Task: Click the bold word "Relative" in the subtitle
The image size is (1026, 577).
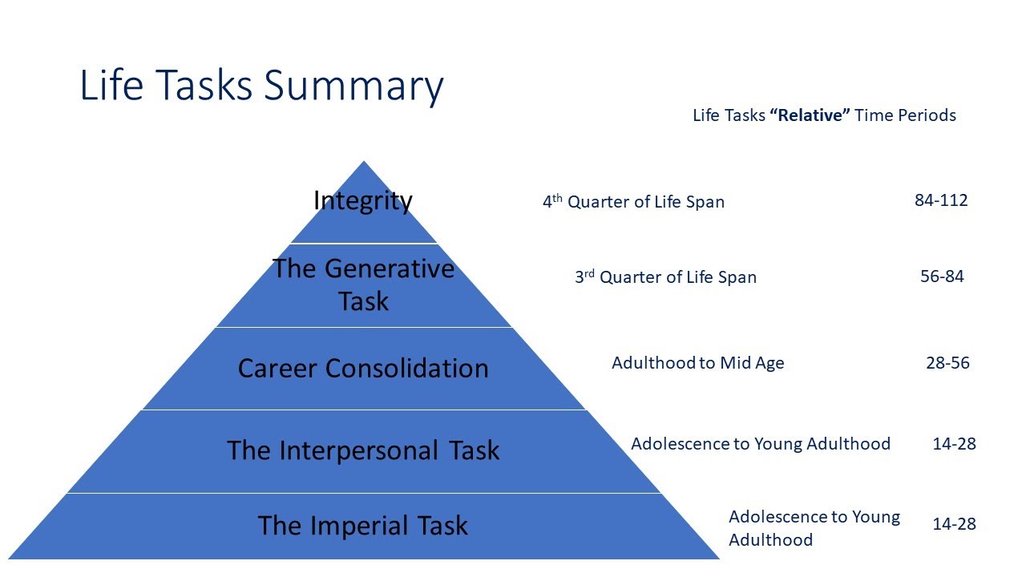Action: (810, 115)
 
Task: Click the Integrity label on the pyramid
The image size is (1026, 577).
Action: (363, 200)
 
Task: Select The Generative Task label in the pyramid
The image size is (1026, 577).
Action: (363, 284)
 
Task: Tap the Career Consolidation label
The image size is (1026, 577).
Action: (363, 369)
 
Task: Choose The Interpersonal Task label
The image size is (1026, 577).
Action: (363, 450)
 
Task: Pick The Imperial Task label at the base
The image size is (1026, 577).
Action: (363, 526)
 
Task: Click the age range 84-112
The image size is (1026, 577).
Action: (941, 200)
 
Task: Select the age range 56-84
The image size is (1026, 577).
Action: (942, 276)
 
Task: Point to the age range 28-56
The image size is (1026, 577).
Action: (947, 363)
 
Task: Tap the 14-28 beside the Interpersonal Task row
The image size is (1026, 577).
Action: (954, 443)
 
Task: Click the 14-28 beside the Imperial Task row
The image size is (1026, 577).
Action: (954, 524)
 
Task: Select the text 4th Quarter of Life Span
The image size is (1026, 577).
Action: (633, 202)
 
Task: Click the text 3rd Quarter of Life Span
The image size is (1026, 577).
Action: (665, 277)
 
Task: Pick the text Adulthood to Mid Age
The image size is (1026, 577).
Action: (697, 363)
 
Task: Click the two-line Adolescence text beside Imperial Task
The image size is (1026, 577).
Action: (814, 528)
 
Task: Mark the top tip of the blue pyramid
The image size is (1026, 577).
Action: (365, 163)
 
